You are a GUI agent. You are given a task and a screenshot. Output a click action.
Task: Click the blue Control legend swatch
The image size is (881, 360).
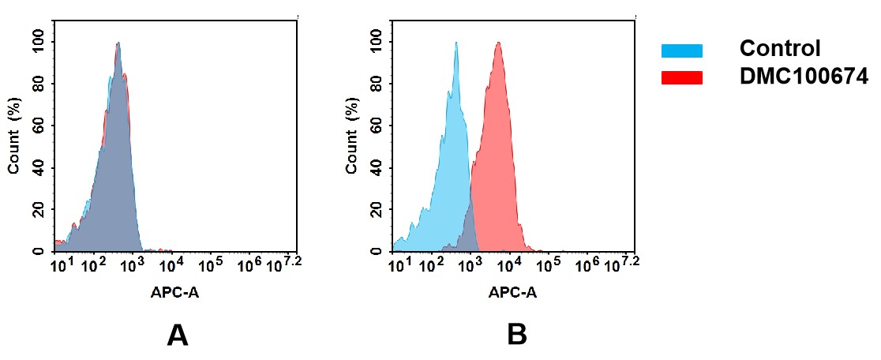681,51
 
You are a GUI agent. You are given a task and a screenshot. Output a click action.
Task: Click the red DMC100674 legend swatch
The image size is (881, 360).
681,77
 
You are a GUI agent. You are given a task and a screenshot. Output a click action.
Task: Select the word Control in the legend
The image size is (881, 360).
780,49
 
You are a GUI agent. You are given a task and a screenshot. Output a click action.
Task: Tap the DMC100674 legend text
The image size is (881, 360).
804,77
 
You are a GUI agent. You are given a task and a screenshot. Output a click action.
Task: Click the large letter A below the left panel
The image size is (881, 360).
178,336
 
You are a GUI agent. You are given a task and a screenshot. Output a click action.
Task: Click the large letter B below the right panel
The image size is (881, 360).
517,336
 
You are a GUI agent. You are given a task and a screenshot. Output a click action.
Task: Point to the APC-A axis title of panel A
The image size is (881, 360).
174,292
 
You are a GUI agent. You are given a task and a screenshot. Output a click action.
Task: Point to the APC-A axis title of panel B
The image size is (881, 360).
512,292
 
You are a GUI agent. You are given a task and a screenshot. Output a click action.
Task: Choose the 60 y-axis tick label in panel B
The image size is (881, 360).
376,126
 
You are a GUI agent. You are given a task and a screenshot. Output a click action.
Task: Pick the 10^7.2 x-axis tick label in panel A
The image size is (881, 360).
285,264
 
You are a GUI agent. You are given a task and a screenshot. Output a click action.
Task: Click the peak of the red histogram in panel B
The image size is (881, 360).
499,43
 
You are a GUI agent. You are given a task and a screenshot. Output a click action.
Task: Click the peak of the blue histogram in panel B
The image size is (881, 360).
456,43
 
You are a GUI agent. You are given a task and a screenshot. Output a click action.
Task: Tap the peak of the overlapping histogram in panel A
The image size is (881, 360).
118,44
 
